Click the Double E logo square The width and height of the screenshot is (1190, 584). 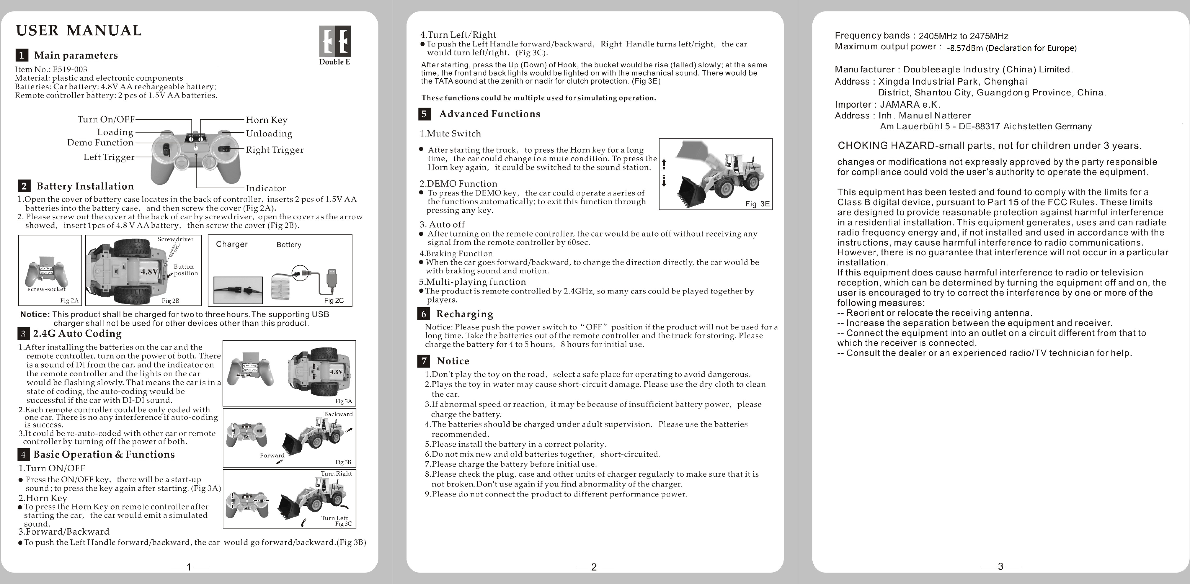coord(335,41)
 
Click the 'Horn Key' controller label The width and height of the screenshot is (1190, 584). coord(267,120)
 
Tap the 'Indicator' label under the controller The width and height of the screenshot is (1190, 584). coord(266,188)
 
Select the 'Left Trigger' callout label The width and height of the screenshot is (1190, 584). coord(109,157)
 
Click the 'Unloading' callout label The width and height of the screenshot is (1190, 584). coord(269,134)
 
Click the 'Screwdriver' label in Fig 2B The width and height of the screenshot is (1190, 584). coord(175,239)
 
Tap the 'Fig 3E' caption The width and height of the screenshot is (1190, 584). coord(757,203)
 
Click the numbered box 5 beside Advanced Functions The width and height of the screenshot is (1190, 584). coord(424,114)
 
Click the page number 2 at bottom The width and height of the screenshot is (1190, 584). coord(594,566)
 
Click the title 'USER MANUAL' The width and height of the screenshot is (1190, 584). coord(79,31)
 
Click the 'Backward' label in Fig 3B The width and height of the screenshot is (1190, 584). coord(338,414)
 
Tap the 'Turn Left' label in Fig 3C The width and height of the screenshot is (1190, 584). coord(334,518)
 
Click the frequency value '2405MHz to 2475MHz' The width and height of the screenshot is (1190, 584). coord(963,36)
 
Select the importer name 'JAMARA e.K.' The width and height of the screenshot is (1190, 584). coord(910,104)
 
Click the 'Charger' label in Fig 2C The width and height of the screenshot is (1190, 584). coord(231,244)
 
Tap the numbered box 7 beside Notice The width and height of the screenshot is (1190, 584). coord(423,361)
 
